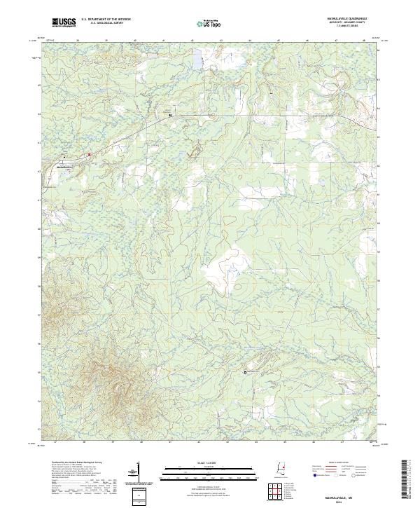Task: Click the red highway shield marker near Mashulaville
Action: [90, 154]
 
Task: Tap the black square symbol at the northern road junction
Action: [170, 115]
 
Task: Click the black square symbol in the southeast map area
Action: [245, 372]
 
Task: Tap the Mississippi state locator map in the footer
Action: [279, 470]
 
